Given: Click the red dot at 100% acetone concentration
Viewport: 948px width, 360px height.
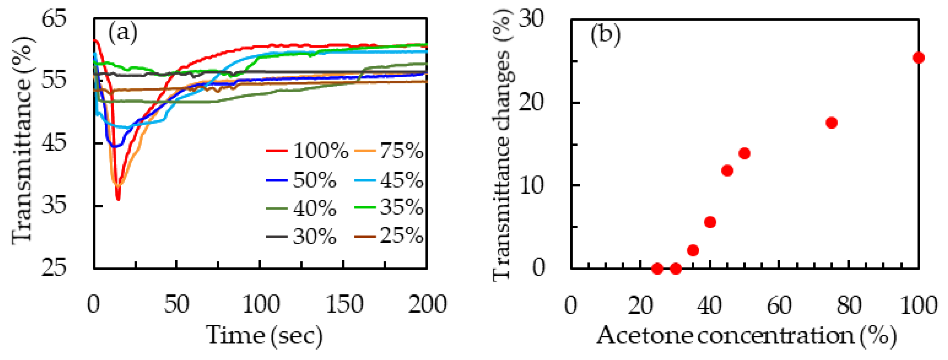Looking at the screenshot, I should coord(918,58).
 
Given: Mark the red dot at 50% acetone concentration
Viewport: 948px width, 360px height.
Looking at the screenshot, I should coord(744,153).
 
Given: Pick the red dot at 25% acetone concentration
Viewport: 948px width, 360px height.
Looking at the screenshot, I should coord(658,269).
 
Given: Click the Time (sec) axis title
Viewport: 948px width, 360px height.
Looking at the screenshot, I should coord(264,335).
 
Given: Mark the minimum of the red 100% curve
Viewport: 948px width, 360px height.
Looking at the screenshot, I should coord(118,199).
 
